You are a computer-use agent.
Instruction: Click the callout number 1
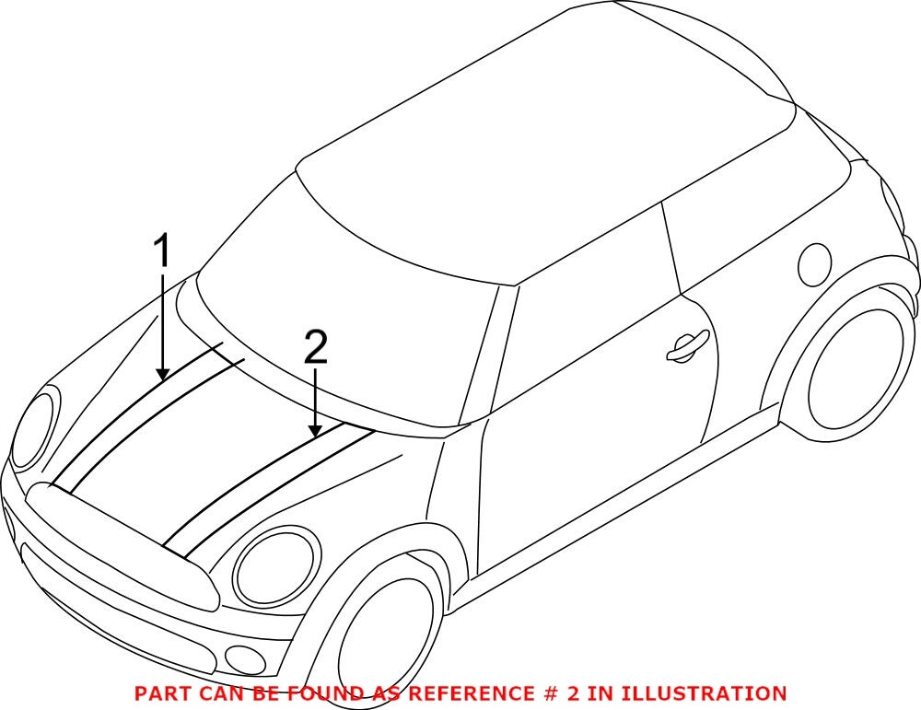(162, 251)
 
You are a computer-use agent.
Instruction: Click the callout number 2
(315, 348)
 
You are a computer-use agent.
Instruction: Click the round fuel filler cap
(815, 264)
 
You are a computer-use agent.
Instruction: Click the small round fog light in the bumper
(244, 658)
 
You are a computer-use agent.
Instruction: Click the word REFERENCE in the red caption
(465, 693)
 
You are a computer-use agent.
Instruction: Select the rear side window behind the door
(737, 230)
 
